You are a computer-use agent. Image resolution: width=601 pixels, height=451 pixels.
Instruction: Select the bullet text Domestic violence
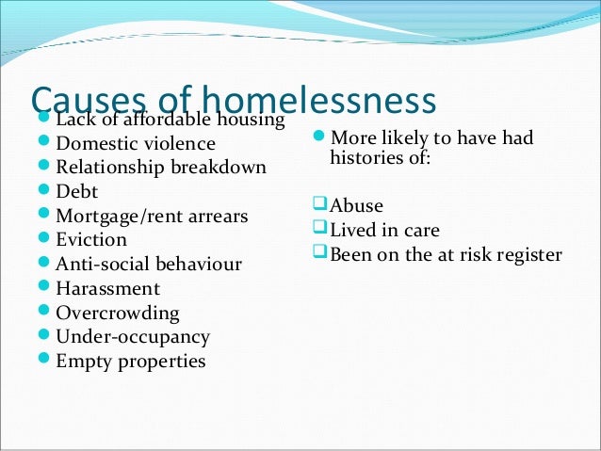(x=136, y=144)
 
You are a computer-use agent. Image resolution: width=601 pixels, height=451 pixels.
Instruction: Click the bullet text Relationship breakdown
(x=160, y=168)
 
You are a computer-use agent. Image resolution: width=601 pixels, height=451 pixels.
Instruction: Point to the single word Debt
(x=76, y=192)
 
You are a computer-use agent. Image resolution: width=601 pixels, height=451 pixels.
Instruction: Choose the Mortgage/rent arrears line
(x=152, y=217)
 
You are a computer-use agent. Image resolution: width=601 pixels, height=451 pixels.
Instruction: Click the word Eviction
(x=91, y=240)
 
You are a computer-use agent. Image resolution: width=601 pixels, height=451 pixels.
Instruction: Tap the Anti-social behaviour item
(x=149, y=265)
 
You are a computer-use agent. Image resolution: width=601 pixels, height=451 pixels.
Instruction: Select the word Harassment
(x=107, y=289)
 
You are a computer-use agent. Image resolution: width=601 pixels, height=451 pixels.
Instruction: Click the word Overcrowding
(x=118, y=313)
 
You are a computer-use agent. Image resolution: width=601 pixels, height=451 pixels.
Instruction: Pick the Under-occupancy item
(x=133, y=337)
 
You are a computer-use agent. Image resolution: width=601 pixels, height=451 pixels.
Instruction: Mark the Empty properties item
(x=130, y=361)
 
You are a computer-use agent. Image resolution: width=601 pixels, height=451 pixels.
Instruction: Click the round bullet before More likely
(x=319, y=137)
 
